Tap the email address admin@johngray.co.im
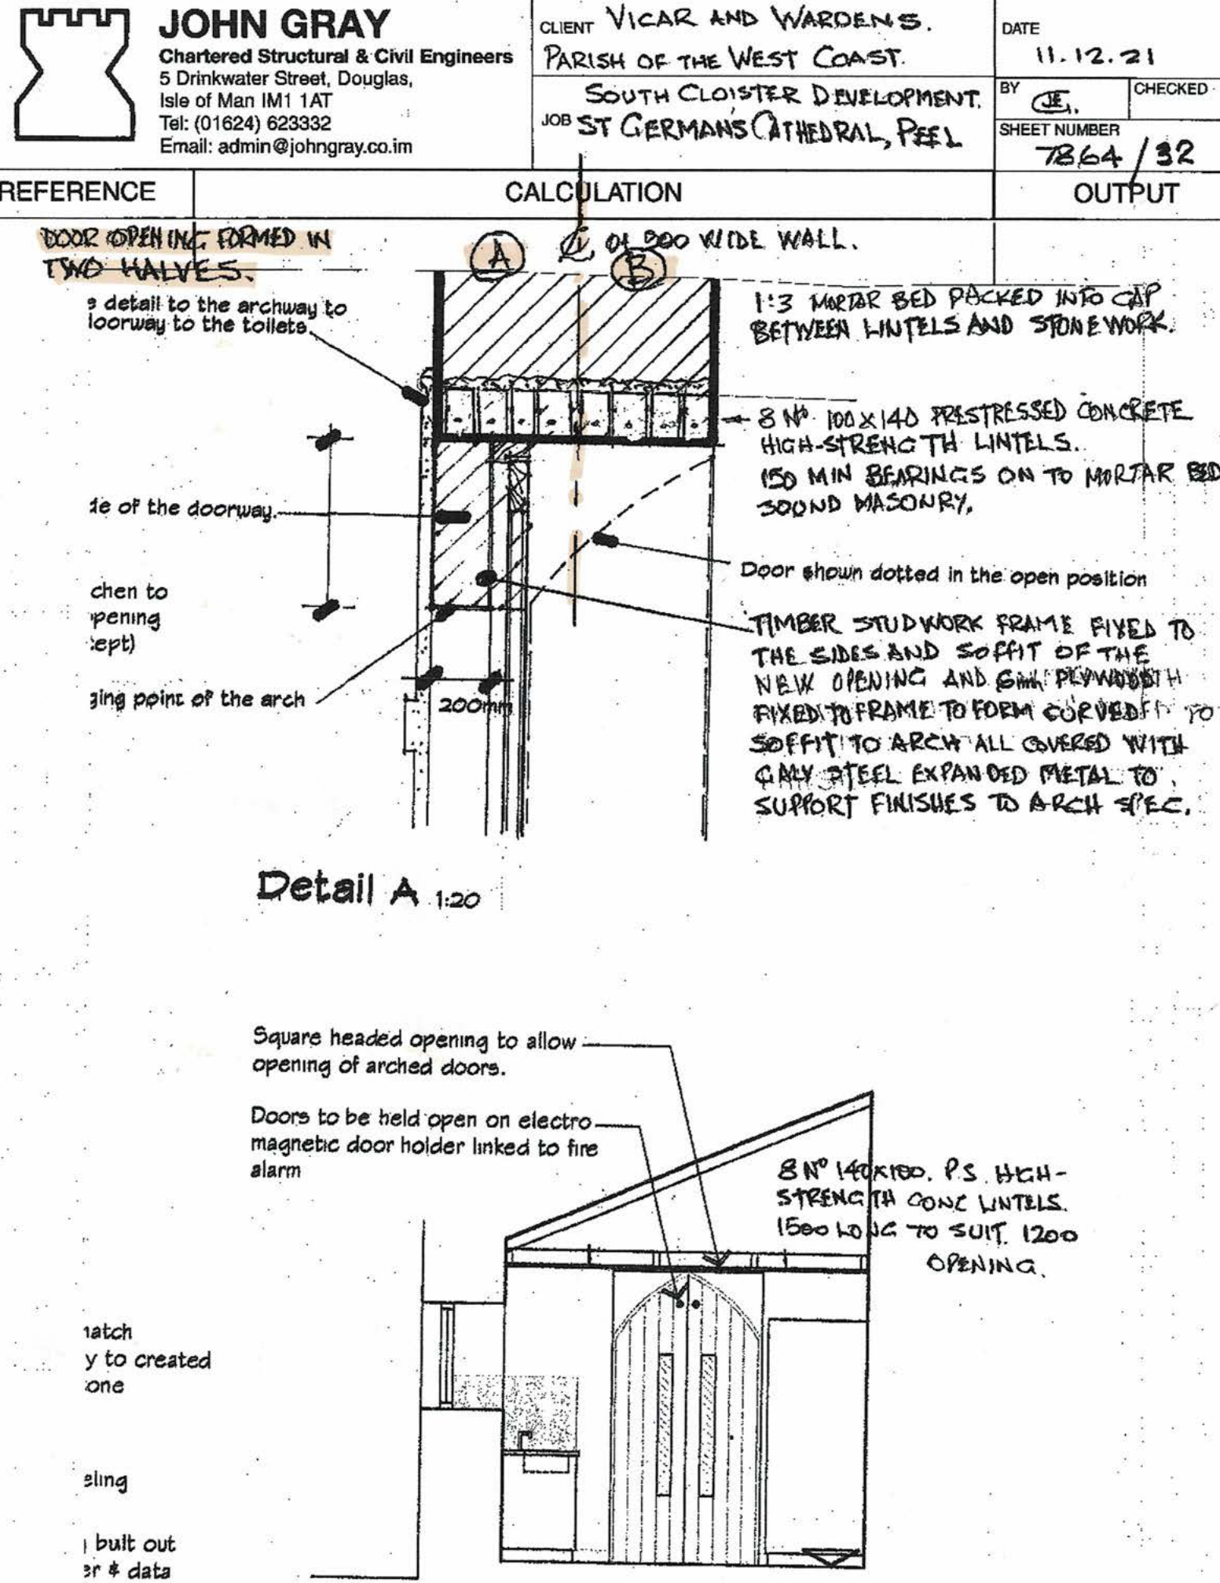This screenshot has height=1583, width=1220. (x=286, y=147)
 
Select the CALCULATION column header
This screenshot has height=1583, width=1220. (x=593, y=193)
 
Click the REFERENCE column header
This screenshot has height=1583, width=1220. (x=78, y=192)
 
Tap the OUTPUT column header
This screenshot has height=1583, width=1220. (x=1126, y=193)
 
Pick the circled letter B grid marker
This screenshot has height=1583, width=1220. (x=640, y=271)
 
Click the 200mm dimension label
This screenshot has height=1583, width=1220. (x=474, y=707)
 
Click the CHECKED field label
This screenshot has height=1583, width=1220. (x=1170, y=89)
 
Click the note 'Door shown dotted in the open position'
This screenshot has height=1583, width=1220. (x=943, y=577)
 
